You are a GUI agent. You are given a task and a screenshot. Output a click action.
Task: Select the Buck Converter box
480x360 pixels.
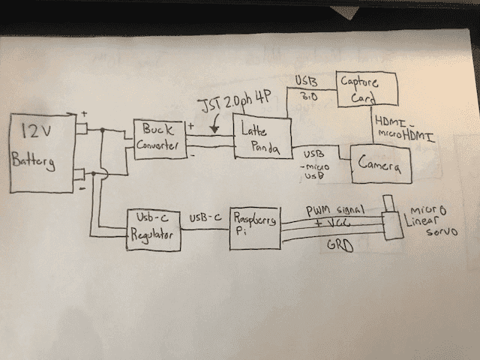tap(160, 139)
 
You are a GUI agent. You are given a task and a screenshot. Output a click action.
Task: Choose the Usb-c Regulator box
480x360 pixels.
tap(153, 227)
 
